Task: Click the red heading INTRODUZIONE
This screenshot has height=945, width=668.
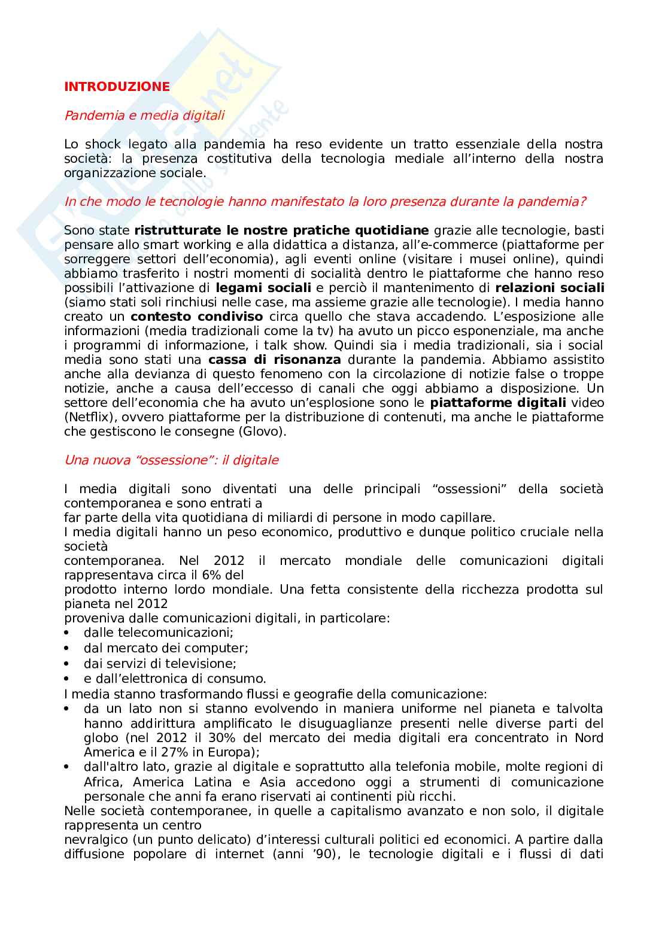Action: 117,87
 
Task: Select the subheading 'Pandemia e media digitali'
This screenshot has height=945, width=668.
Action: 144,116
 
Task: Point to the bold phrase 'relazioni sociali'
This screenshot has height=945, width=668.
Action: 549,288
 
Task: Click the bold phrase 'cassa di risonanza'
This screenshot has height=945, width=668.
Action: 275,360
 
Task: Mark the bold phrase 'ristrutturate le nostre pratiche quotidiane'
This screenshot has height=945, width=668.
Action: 281,230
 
